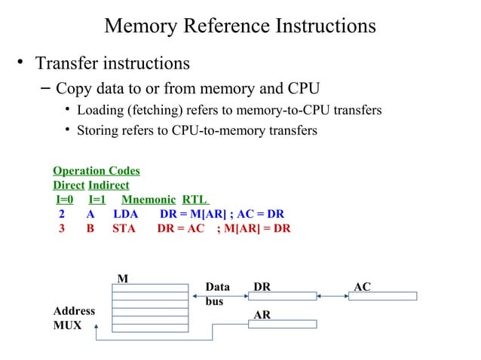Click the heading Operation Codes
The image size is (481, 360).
click(96, 171)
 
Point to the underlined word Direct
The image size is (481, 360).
click(69, 185)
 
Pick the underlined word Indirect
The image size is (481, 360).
click(109, 185)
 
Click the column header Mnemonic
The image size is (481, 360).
click(148, 200)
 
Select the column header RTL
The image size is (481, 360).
click(194, 200)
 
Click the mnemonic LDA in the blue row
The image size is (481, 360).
click(125, 214)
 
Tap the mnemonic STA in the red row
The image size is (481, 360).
click(124, 228)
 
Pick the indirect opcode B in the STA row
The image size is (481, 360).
click(90, 228)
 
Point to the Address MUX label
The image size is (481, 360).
click(74, 318)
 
